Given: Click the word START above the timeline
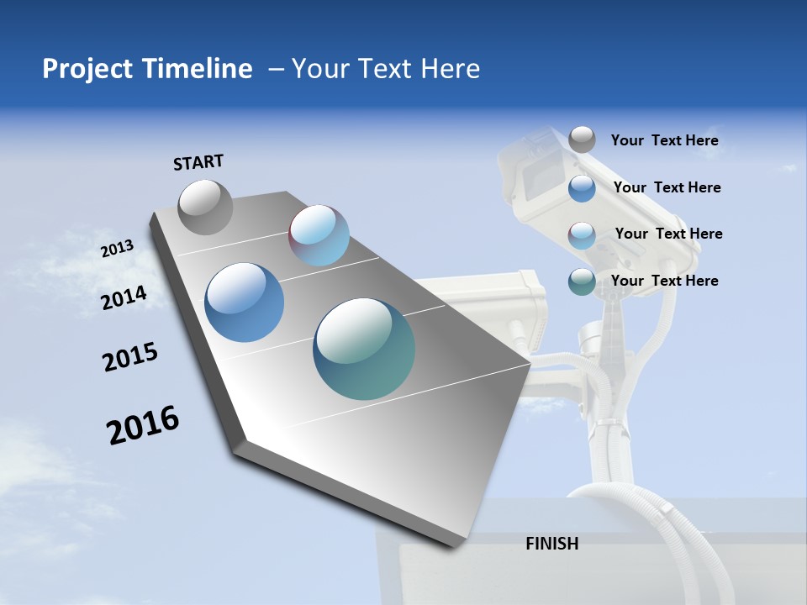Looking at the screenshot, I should [x=198, y=162].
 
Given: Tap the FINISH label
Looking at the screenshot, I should [x=552, y=544].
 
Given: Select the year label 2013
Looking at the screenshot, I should [x=118, y=249].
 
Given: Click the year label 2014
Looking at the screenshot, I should [x=124, y=298].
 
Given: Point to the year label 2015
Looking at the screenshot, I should [x=130, y=357].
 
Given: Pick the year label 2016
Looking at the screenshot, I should [x=143, y=424].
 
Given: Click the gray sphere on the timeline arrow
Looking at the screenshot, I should [x=206, y=207].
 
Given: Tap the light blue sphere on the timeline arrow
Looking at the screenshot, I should [x=319, y=235].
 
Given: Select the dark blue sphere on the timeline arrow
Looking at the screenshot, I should [x=244, y=302].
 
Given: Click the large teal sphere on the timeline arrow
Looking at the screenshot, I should [x=364, y=349].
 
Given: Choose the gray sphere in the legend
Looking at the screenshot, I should [x=582, y=139].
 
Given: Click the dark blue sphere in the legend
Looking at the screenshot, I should [x=582, y=187].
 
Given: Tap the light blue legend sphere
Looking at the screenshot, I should [x=582, y=234].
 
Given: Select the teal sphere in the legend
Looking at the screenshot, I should [x=582, y=281].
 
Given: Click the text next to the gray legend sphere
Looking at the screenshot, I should [x=664, y=140].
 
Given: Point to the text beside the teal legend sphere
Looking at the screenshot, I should [x=664, y=281].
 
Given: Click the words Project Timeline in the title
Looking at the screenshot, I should [x=147, y=69].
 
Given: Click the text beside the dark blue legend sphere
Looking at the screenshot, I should [x=667, y=187].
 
